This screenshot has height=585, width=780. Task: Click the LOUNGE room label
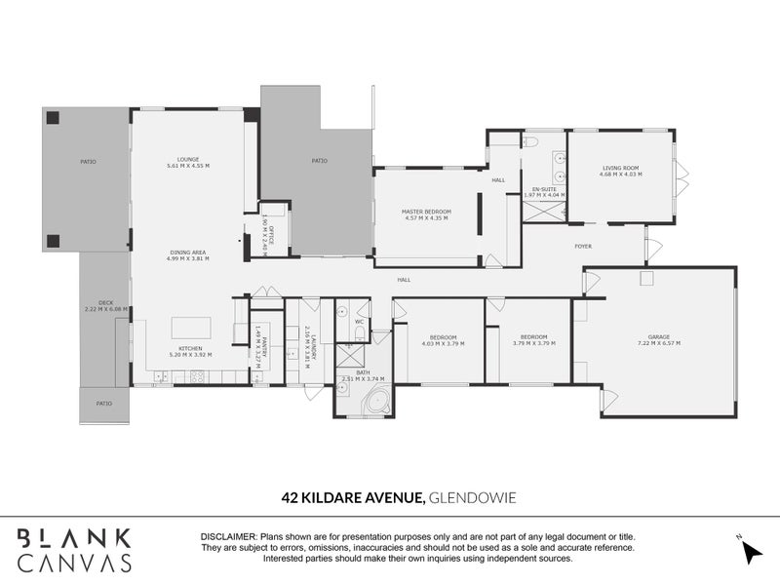tap(187, 159)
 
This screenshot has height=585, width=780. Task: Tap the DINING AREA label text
tap(187, 253)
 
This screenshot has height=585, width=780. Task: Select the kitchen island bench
tap(191, 326)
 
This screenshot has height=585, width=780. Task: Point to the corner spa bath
tap(377, 402)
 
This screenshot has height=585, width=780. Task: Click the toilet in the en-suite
tap(531, 141)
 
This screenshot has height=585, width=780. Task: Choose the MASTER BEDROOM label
tap(426, 211)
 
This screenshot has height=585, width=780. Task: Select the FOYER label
tap(583, 247)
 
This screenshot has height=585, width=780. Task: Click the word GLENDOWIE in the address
tap(473, 497)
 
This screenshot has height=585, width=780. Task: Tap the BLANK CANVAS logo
tap(74, 549)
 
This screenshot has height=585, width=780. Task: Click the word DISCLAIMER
tap(227, 537)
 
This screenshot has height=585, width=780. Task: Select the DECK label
tap(105, 302)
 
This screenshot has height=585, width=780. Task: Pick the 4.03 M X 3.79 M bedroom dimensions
tap(444, 344)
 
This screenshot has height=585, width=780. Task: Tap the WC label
tap(359, 321)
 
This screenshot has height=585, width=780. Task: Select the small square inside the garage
tap(644, 279)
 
